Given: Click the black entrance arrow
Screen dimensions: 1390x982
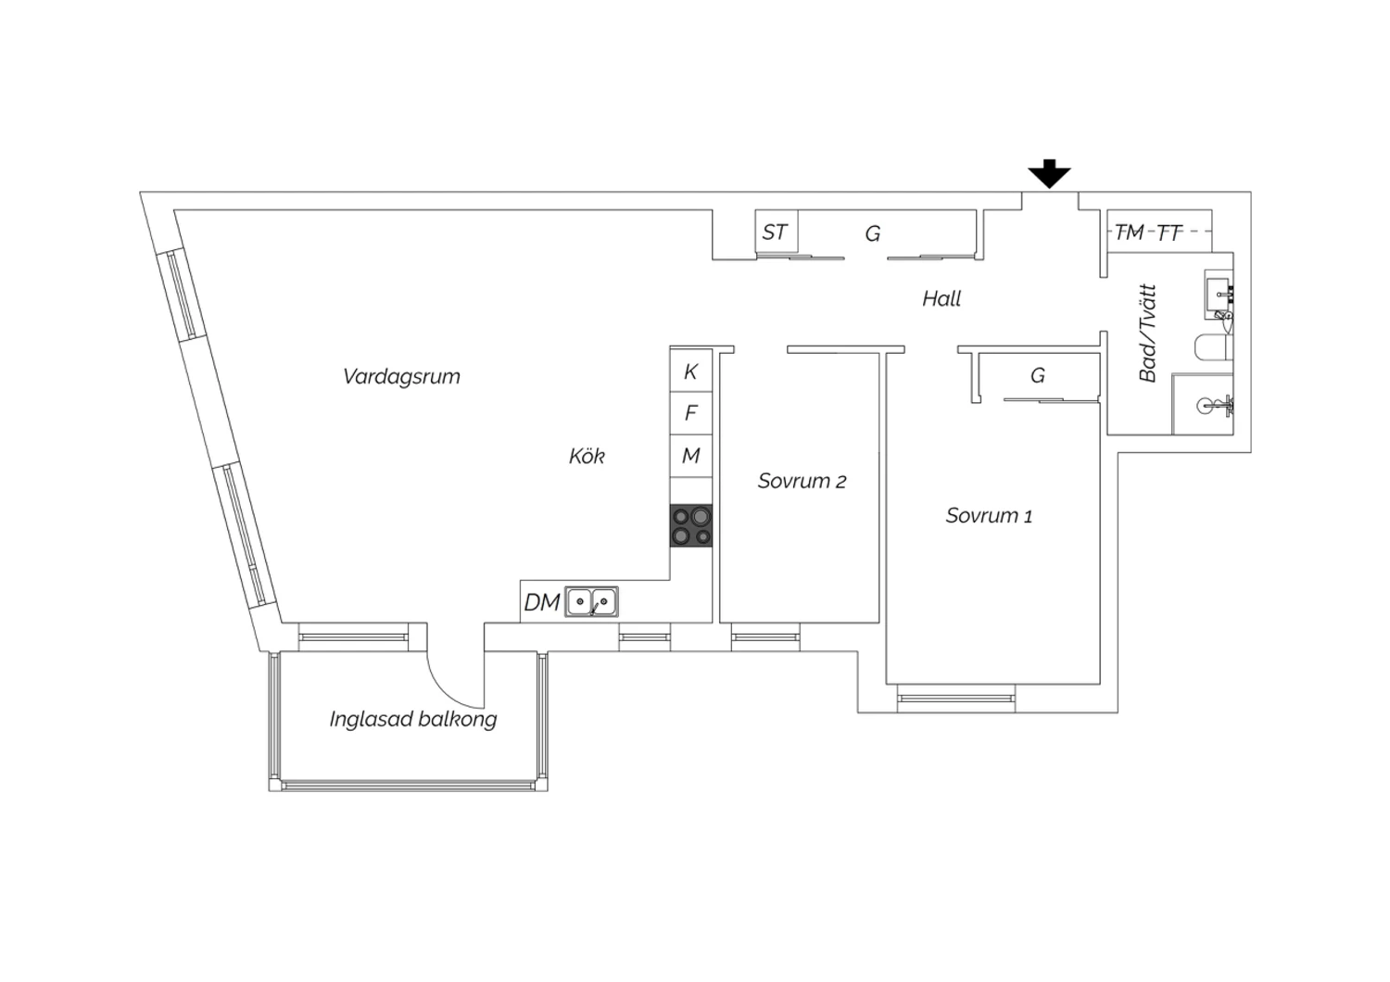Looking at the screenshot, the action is pos(1049,173).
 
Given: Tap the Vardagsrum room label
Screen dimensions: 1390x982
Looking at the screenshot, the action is pos(401,376).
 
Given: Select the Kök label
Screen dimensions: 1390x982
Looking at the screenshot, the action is pos(587,456).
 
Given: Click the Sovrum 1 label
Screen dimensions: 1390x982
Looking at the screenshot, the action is pos(989,515).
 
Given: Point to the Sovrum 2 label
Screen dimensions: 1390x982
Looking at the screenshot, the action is pos(802,481).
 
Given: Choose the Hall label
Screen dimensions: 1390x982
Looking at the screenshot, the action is pos(941,299).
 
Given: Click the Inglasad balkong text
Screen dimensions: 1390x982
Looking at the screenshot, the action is pos(413,719).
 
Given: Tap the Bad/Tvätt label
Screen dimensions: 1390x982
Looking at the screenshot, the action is pos(1148,334).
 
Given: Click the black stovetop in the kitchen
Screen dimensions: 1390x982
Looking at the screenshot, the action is pos(691,525).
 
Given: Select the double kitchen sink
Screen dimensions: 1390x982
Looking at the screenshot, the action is pos(591,602).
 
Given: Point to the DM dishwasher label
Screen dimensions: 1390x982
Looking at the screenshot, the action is pos(542,602).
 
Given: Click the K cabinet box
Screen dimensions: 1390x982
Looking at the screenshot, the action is pos(691,371).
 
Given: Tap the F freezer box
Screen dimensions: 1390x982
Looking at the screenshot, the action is pos(691,413).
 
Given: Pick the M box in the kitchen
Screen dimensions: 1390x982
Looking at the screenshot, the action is pos(691,456).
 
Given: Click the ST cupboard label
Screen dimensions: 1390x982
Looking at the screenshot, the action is pos(775,233).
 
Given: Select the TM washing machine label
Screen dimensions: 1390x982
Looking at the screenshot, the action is pos(1130,233).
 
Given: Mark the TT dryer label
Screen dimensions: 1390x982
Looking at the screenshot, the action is pos(1169,233).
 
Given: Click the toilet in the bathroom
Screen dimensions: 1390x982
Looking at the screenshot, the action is pos(1213,347).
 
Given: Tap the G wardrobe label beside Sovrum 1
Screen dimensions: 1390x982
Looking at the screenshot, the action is pos(1038,375).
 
